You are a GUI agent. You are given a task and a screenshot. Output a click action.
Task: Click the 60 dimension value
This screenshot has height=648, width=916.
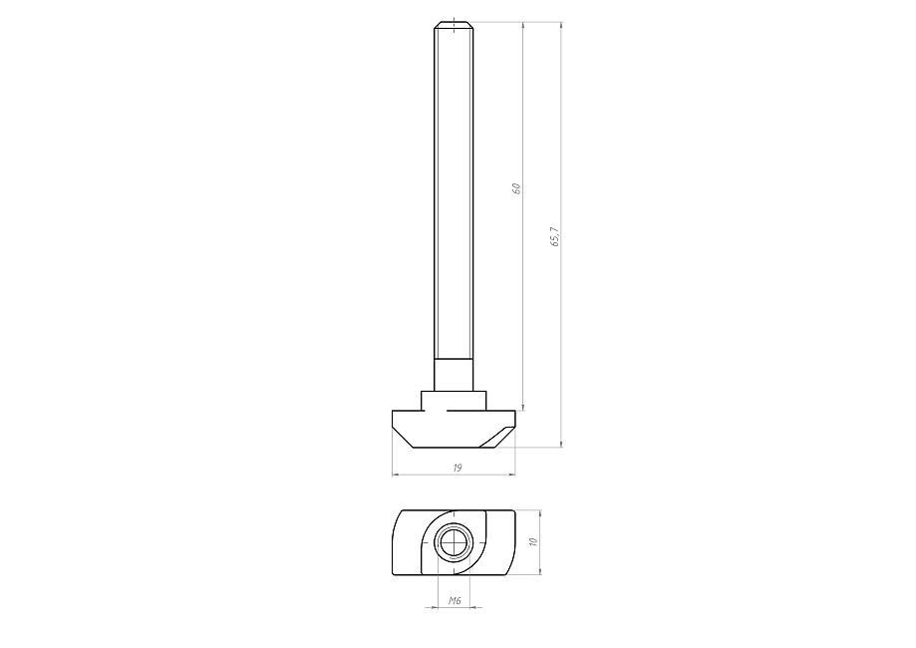click(516, 188)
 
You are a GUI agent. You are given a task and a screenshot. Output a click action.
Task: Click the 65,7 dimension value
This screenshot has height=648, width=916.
click(555, 236)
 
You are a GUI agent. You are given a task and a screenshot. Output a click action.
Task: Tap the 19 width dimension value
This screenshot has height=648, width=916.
click(458, 468)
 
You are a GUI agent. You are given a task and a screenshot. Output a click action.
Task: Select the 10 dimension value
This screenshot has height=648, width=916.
click(532, 542)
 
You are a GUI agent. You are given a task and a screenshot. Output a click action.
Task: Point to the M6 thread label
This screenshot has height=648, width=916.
click(455, 601)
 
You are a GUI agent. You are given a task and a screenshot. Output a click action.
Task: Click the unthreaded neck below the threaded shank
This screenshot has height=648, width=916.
click(454, 375)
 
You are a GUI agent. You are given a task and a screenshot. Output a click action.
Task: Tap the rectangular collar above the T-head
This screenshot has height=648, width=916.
click(454, 401)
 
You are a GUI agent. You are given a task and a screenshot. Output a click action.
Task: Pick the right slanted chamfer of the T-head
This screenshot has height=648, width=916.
click(497, 437)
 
